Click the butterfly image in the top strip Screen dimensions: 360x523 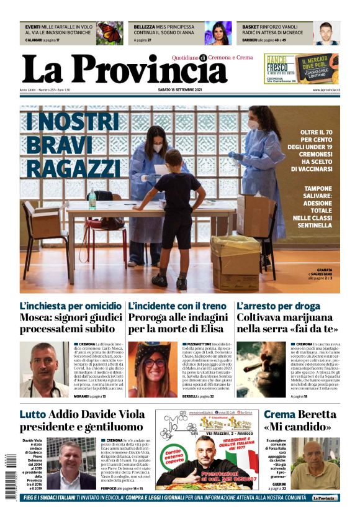(x=109, y=33)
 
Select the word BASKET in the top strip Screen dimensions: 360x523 (x=251, y=27)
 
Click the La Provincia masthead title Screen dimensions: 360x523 (x=116, y=69)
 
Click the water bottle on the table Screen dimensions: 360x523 (x=92, y=200)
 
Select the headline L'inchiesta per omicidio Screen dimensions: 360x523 (x=70, y=306)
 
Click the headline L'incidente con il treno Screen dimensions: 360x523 (x=177, y=306)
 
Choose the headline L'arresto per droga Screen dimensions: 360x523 (x=278, y=306)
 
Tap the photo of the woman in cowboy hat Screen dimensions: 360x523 (x=153, y=369)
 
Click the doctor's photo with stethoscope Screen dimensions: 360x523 (x=44, y=369)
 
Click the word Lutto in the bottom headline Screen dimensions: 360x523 (x=32, y=414)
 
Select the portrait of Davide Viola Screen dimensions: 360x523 (x=71, y=463)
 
